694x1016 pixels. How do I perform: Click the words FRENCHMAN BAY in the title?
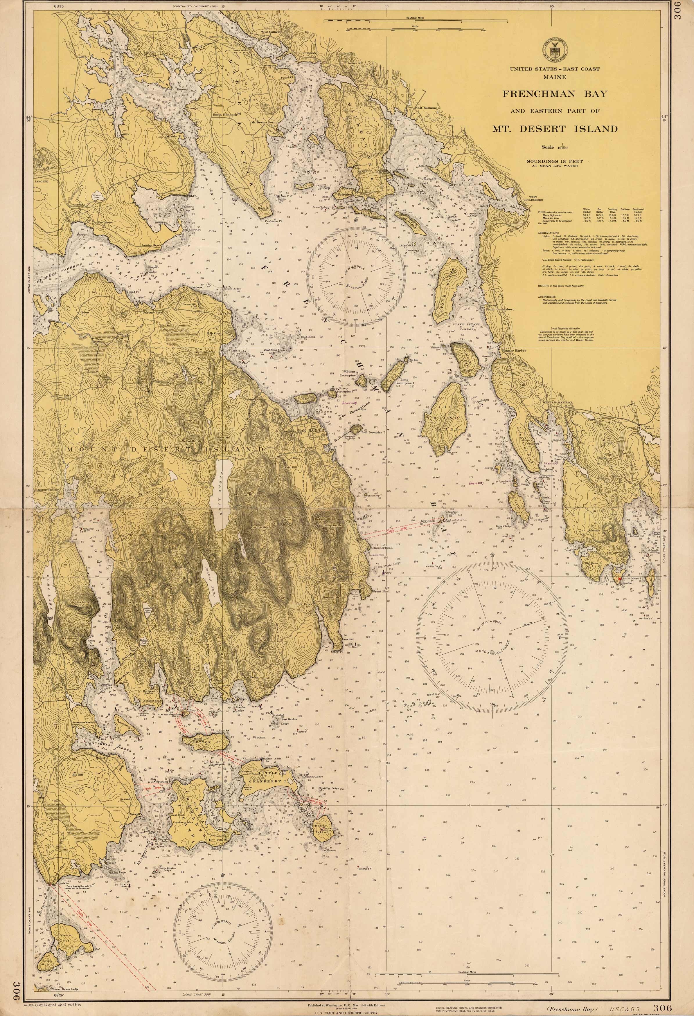pyautogui.click(x=555, y=93)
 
